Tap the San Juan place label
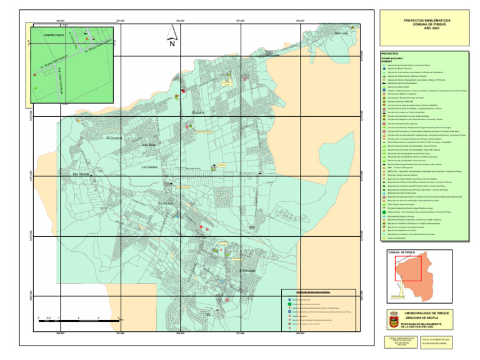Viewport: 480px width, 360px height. pos(341,32)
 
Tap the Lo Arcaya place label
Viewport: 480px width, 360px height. pos(167,203)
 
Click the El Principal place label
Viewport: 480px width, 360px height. pos(248,270)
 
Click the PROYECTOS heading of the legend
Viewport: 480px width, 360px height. pos(389,54)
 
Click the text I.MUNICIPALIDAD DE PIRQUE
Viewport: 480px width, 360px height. pos(427,312)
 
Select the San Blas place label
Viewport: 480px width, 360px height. pos(149,146)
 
